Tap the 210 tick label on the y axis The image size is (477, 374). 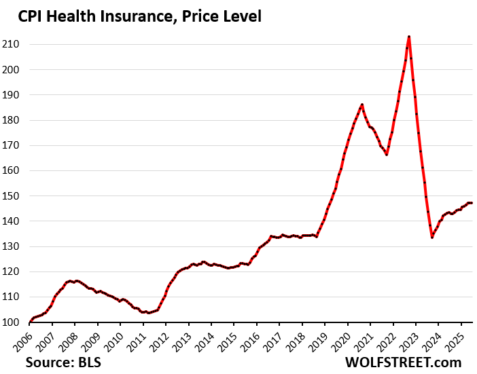point(15,45)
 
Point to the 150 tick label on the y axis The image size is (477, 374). point(15,196)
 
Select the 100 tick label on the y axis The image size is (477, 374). point(15,322)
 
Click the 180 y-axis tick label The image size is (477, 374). point(15,120)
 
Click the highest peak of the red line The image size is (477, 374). point(408,37)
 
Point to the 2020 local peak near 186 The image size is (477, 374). point(362,105)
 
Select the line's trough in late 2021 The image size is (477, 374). point(386,155)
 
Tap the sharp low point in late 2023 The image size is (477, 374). point(432,237)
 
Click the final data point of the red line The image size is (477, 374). point(472,203)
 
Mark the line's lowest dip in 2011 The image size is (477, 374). point(148,313)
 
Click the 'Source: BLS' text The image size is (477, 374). point(63,362)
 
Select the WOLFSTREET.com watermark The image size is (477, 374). point(404,362)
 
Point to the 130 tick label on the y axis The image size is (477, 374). point(15,246)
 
